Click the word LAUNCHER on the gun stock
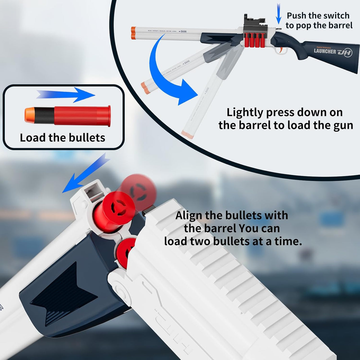pyautogui.click(x=325, y=51)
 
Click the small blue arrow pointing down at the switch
pyautogui.click(x=278, y=14)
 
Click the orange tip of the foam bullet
pyautogui.click(x=29, y=115)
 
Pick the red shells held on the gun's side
pyautogui.click(x=255, y=40)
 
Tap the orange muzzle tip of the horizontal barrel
pyautogui.click(x=133, y=33)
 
